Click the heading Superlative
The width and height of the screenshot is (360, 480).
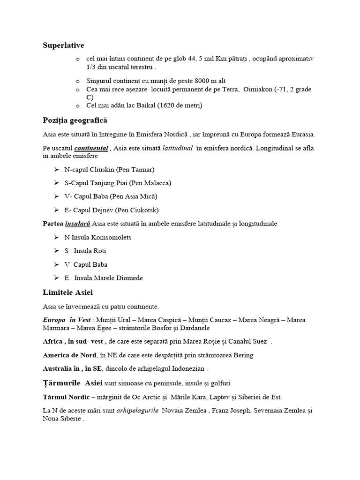[x=63, y=45]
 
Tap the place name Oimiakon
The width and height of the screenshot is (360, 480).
[x=258, y=89]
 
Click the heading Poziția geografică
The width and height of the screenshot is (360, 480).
[x=75, y=120]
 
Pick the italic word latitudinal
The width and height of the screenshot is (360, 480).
[x=178, y=149]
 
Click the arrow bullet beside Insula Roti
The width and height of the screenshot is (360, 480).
[x=56, y=251]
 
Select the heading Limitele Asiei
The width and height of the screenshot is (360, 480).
[x=67, y=293]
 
